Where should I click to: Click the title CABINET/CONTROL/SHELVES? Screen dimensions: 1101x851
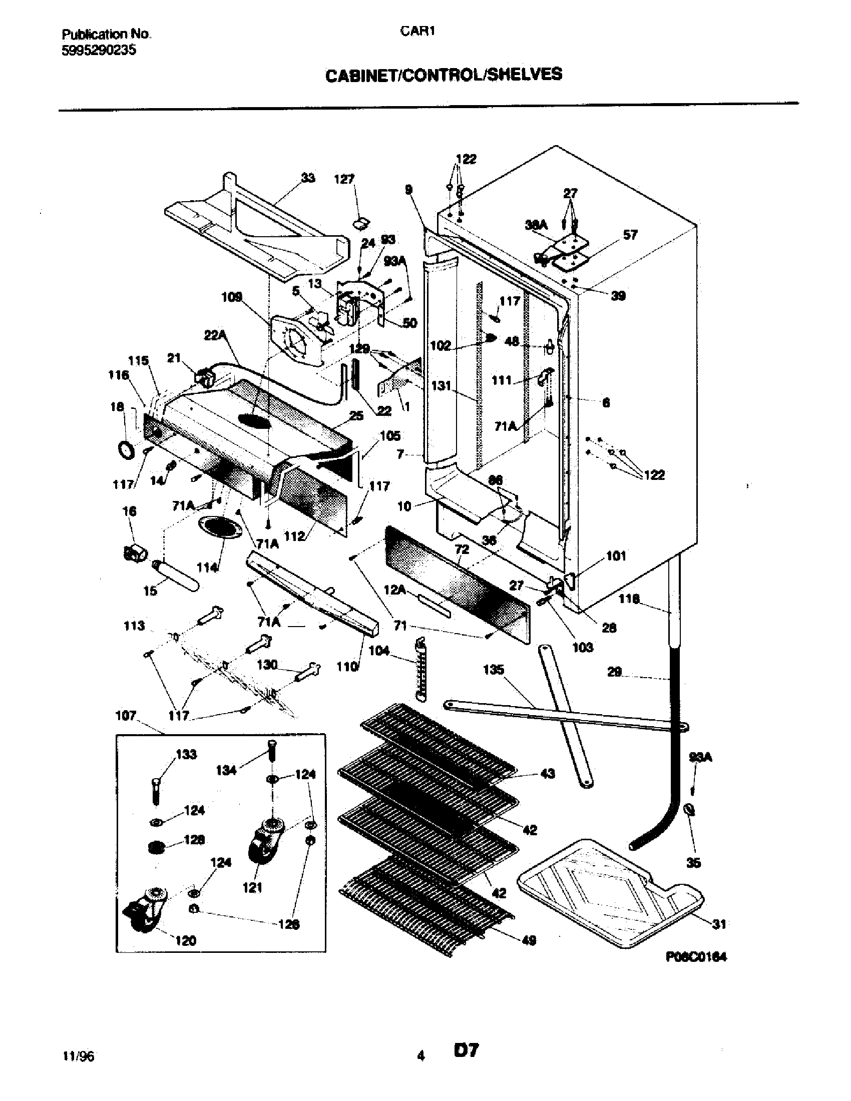coord(443,75)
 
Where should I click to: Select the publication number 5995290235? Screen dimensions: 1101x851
coord(99,50)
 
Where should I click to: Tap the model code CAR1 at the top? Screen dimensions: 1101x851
coord(417,31)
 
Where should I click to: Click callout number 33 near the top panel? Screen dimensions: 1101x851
coord(307,178)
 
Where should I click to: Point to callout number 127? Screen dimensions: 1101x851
coord(344,180)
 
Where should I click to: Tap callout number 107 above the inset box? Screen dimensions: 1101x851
coord(126,715)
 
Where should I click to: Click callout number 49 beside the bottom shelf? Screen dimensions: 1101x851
coord(529,940)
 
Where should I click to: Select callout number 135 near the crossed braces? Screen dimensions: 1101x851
coord(493,670)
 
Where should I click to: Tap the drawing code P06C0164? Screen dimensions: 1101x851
coord(696,957)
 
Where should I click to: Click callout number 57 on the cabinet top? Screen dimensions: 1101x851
coord(630,235)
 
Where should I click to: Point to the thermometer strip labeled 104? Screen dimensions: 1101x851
coord(421,670)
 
